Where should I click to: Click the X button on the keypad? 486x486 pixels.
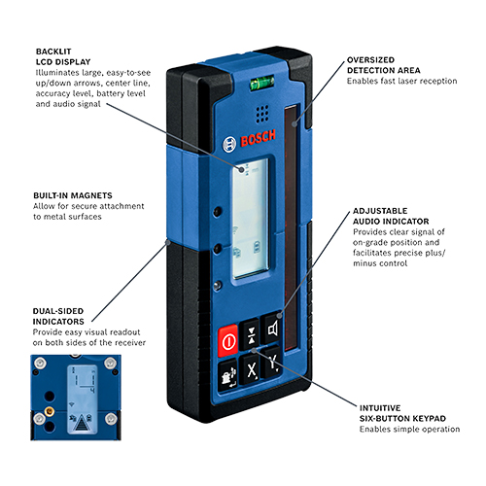(252, 368)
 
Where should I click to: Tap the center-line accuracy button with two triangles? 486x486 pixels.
(252, 335)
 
